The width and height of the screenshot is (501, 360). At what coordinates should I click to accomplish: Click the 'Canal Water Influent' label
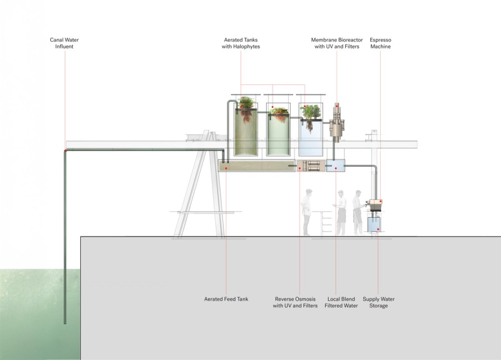click(x=65, y=43)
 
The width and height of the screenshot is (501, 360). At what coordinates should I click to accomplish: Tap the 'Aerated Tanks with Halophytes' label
click(x=241, y=43)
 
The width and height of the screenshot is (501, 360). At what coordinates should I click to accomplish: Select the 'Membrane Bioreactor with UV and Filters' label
click(x=335, y=43)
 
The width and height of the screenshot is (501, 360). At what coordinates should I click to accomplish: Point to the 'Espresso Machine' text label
click(x=380, y=43)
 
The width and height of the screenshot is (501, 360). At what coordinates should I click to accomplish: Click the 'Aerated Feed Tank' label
click(x=226, y=299)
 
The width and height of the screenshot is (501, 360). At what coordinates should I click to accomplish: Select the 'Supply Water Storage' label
click(x=379, y=302)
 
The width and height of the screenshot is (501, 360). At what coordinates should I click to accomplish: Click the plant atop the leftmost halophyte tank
click(x=246, y=108)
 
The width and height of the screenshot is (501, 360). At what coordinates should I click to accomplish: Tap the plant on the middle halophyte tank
click(x=278, y=113)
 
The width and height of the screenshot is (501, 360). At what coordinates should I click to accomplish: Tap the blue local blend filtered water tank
click(x=335, y=166)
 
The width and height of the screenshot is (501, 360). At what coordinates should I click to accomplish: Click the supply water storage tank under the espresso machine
click(x=375, y=225)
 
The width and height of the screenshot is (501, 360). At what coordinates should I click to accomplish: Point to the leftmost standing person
click(x=307, y=212)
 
